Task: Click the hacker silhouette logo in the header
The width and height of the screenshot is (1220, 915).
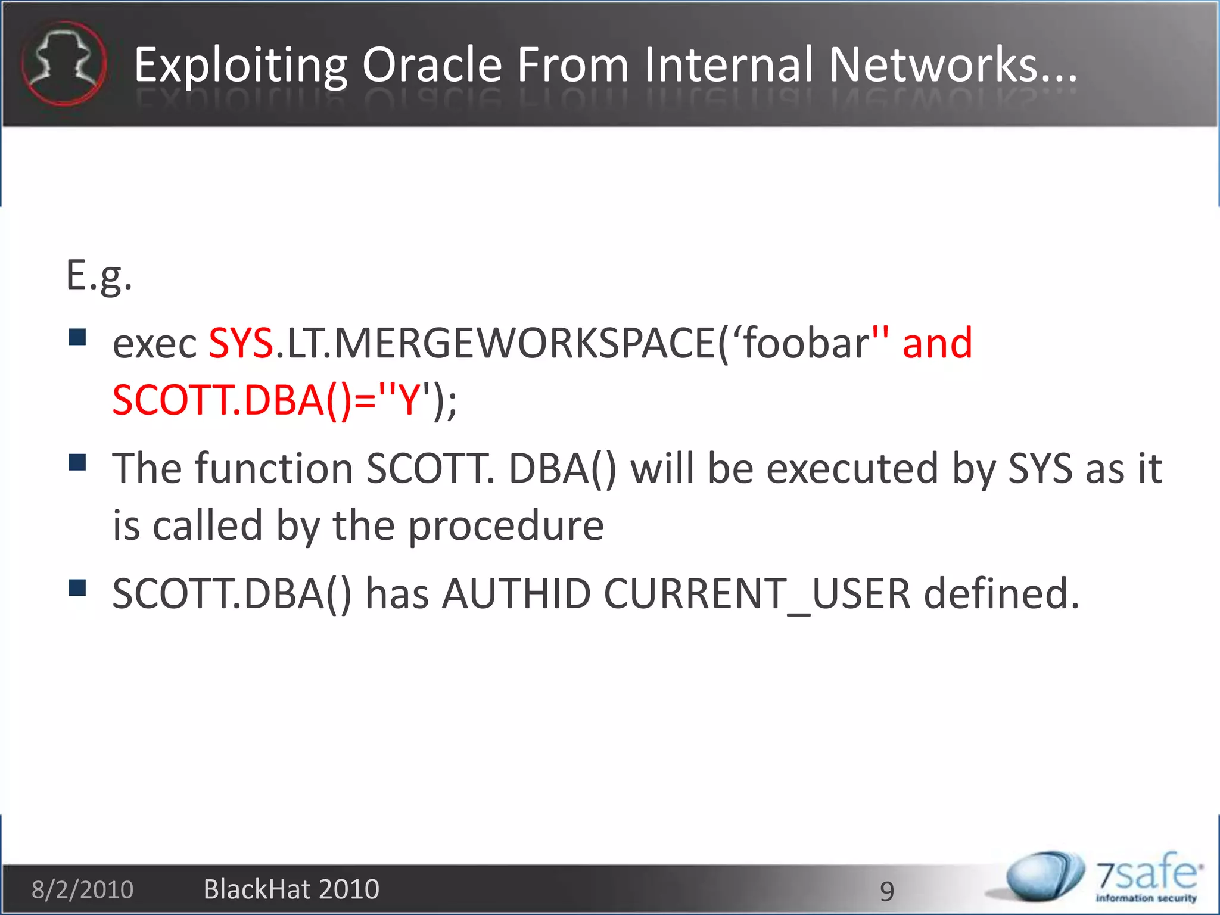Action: (64, 64)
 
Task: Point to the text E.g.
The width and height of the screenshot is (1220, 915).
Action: (99, 276)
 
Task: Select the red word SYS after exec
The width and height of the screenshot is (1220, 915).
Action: (241, 344)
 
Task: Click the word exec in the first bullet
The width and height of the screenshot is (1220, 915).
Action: (154, 345)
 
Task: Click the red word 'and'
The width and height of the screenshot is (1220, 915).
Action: (937, 344)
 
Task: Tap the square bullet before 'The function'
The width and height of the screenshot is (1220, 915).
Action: (77, 462)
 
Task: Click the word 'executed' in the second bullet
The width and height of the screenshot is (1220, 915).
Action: (851, 469)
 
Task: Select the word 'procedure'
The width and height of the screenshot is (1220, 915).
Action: (506, 526)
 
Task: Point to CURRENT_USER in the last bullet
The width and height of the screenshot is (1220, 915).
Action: (757, 595)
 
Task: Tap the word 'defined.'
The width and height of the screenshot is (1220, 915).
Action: (1001, 594)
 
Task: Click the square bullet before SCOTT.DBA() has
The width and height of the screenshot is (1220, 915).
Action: (77, 588)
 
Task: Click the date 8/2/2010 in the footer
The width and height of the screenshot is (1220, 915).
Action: (82, 889)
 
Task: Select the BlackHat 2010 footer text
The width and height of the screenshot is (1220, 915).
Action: (291, 889)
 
